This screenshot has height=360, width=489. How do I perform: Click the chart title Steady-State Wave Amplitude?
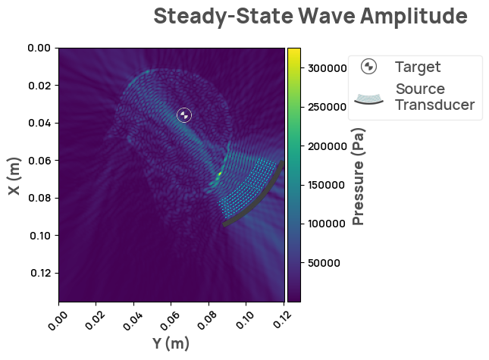coord(310,16)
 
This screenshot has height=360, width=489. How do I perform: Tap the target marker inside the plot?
coord(184,115)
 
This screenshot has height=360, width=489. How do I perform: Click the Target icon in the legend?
coord(368,67)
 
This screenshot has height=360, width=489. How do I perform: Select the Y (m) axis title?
coord(171,343)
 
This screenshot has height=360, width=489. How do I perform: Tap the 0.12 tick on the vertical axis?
coord(39,273)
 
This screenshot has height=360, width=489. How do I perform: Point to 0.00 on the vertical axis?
coord(39,48)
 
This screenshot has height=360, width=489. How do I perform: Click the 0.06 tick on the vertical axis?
coord(39,161)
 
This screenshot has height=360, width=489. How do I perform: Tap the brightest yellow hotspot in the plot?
coord(219,174)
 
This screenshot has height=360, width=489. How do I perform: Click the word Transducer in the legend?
coord(434,105)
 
